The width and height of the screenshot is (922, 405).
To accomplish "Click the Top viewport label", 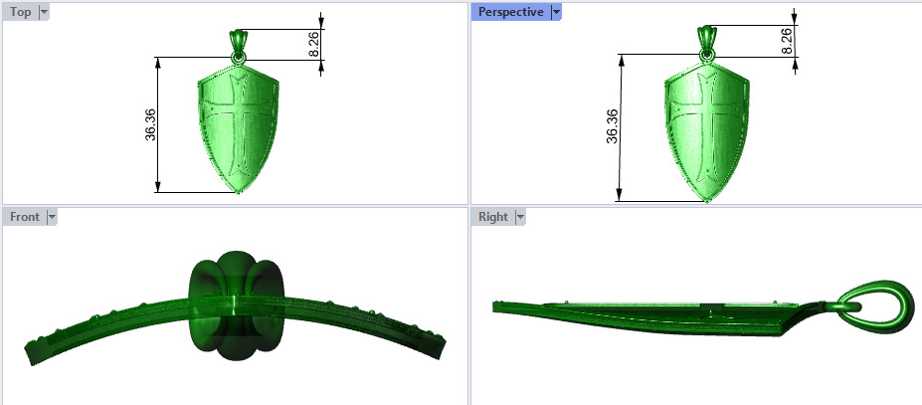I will (x=20, y=12).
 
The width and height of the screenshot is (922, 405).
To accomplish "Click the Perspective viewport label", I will (x=510, y=12).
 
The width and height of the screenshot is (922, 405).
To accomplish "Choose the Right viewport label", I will (x=492, y=216).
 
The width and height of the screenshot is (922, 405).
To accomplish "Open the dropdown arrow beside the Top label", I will (x=44, y=12).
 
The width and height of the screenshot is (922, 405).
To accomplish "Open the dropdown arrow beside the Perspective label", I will (x=556, y=12).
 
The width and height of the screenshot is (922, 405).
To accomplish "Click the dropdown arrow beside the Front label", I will (x=52, y=216).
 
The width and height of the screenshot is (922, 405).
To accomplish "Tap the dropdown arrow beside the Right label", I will (x=519, y=216).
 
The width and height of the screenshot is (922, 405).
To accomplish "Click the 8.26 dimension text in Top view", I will (x=314, y=44).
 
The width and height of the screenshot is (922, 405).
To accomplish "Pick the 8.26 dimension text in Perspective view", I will (x=787, y=41).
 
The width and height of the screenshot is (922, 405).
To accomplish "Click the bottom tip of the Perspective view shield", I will (x=706, y=200).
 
